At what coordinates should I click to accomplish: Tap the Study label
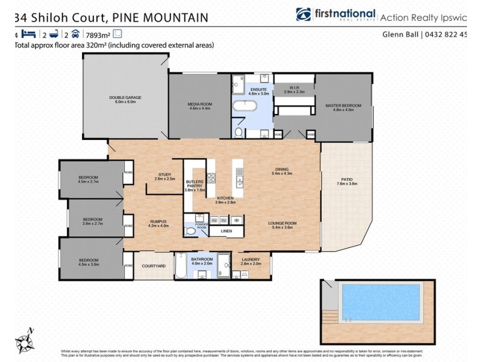click(x=164, y=176)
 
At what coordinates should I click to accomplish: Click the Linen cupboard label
click(x=226, y=230)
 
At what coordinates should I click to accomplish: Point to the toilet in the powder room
click(x=190, y=230)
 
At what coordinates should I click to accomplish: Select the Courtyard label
click(x=154, y=265)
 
